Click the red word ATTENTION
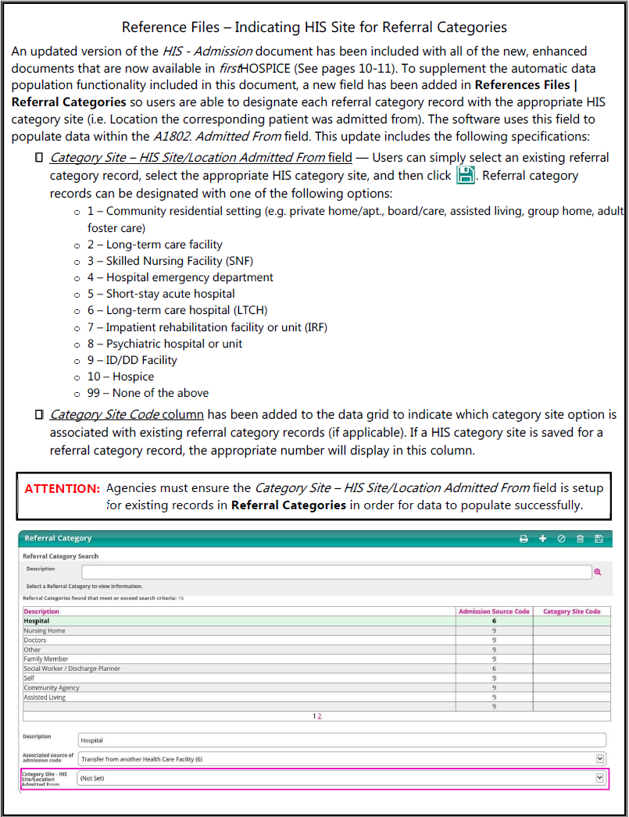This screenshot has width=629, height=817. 63,489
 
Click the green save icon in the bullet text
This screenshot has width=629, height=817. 466,175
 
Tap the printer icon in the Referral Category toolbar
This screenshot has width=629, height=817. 524,539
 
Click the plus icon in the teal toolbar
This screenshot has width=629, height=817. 543,539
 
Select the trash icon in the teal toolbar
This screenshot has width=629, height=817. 580,539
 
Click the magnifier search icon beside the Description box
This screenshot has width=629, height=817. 598,573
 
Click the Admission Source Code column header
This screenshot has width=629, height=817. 494,612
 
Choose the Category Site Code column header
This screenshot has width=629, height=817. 571,612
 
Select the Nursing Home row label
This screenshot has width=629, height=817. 45,630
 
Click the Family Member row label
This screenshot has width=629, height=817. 46,659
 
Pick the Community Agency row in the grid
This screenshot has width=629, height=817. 52,688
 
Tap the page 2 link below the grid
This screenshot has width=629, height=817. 320,716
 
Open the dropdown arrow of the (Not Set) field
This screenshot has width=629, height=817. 599,778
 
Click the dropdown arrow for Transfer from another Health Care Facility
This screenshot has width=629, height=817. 599,758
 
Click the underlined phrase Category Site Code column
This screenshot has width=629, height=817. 127,415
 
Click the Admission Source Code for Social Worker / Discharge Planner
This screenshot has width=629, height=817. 494,669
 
